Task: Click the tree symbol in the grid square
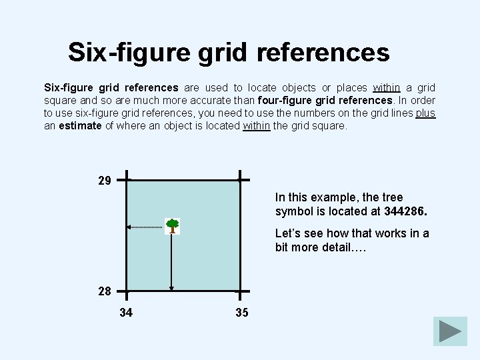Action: pyautogui.click(x=172, y=226)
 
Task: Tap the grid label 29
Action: pyautogui.click(x=105, y=181)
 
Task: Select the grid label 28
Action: pyautogui.click(x=105, y=291)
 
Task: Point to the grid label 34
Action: pyautogui.click(x=126, y=312)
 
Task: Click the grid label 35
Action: pyautogui.click(x=241, y=312)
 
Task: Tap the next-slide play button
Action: pyautogui.click(x=450, y=332)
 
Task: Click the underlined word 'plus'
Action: pyautogui.click(x=425, y=113)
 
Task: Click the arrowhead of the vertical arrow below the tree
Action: pyautogui.click(x=172, y=288)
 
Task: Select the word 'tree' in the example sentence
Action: pyautogui.click(x=393, y=197)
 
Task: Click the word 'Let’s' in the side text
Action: pyautogui.click(x=289, y=233)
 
